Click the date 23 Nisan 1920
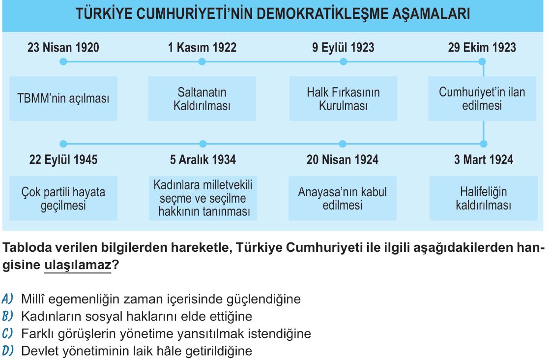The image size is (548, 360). [x=63, y=47]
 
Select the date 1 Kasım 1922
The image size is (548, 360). [x=202, y=47]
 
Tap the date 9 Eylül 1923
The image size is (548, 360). [x=343, y=47]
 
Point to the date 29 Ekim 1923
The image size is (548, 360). [x=482, y=47]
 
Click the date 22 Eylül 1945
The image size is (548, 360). [x=63, y=159]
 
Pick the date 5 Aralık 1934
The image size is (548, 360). [x=202, y=159]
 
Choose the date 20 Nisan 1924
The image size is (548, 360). [x=343, y=159]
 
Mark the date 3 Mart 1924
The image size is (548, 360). [x=484, y=159]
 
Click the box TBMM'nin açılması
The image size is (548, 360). [x=63, y=99]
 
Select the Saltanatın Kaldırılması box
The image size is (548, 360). [x=202, y=99]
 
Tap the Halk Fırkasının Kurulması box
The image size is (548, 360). [x=343, y=99]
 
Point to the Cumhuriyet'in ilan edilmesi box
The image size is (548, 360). [x=482, y=99]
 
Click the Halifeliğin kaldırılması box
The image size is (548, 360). [x=483, y=198]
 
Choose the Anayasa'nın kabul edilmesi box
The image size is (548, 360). [x=343, y=198]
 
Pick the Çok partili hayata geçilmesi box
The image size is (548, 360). [x=63, y=198]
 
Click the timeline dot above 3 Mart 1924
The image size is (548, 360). [x=484, y=144]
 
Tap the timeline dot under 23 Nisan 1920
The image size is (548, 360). [x=63, y=61]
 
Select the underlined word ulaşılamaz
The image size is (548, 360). [x=78, y=265]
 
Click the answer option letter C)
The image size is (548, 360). [x=7, y=333]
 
